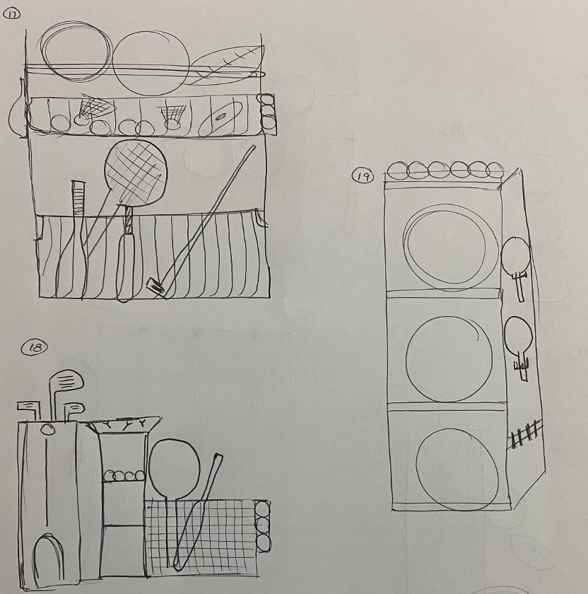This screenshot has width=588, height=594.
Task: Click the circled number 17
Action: click(x=11, y=14)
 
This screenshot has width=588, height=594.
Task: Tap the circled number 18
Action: click(x=35, y=347)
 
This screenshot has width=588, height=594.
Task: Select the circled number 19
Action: click(x=363, y=176)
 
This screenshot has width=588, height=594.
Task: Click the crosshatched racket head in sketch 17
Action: click(x=136, y=173)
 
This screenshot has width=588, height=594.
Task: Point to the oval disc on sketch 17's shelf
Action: click(x=220, y=117)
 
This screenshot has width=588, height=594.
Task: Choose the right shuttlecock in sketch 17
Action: click(x=173, y=116)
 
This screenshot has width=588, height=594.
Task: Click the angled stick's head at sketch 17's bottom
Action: click(x=156, y=288)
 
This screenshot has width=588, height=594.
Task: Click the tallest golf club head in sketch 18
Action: click(x=67, y=380)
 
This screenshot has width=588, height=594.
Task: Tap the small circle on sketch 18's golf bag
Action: click(x=48, y=429)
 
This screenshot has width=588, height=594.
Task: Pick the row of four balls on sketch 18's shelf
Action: click(x=124, y=475)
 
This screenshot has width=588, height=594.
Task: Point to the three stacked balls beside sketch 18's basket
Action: click(x=263, y=527)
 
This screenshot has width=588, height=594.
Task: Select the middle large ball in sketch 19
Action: click(x=449, y=359)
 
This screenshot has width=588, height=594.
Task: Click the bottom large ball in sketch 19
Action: click(x=457, y=470)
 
